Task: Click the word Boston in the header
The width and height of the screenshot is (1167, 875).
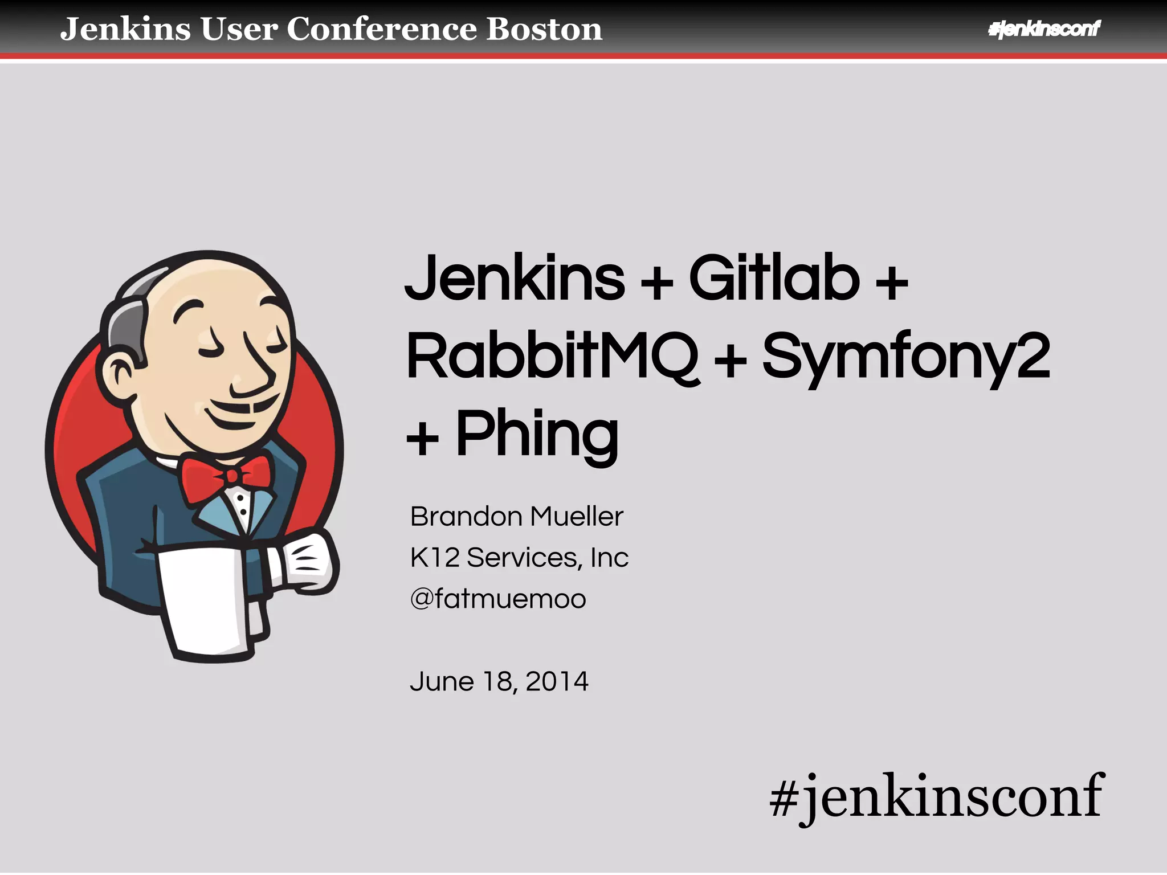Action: pos(544,29)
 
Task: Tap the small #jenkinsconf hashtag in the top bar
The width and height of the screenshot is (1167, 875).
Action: pos(1044,28)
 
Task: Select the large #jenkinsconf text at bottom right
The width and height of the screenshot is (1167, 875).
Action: pos(936,795)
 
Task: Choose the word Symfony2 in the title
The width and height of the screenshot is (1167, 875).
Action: pos(905,358)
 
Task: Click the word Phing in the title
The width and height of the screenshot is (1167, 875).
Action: pos(537,435)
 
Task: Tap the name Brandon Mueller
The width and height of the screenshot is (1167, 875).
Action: pos(516,517)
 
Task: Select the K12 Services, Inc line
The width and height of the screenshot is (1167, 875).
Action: pos(519,557)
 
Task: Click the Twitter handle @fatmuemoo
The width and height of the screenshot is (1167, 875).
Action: pos(498,599)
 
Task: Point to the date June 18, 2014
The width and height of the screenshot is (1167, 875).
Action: pos(499,681)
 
